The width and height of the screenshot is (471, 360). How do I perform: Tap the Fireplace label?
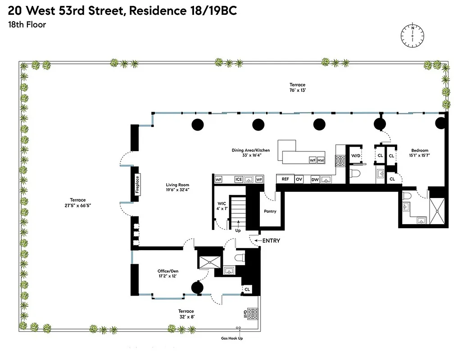pyautogui.click(x=137, y=184)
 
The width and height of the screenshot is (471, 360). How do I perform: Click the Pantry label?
pyautogui.click(x=270, y=211)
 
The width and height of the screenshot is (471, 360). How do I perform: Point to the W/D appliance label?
pyautogui.click(x=355, y=156)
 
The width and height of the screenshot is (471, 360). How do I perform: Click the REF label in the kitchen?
pyautogui.click(x=285, y=179)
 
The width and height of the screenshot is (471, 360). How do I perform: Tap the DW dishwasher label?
pyautogui.click(x=315, y=180)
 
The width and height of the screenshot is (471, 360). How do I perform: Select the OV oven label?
pyautogui.click(x=299, y=179)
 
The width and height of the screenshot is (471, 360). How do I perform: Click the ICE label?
pyautogui.click(x=239, y=180)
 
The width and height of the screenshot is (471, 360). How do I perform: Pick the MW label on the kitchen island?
pyautogui.click(x=321, y=160)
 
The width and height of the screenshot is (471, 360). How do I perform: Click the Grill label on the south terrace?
pyautogui.click(x=245, y=314)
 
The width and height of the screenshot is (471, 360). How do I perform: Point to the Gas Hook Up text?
pyautogui.click(x=231, y=338)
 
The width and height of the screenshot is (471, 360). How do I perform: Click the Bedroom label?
pyautogui.click(x=419, y=150)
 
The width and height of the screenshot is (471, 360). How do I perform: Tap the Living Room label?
pyautogui.click(x=177, y=185)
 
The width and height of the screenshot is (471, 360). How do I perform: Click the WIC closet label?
pyautogui.click(x=222, y=203)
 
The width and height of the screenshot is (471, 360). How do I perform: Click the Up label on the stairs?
pyautogui.click(x=238, y=230)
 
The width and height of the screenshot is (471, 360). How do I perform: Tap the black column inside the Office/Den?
pyautogui.click(x=197, y=287)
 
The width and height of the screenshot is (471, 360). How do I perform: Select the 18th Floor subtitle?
pyautogui.click(x=27, y=25)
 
